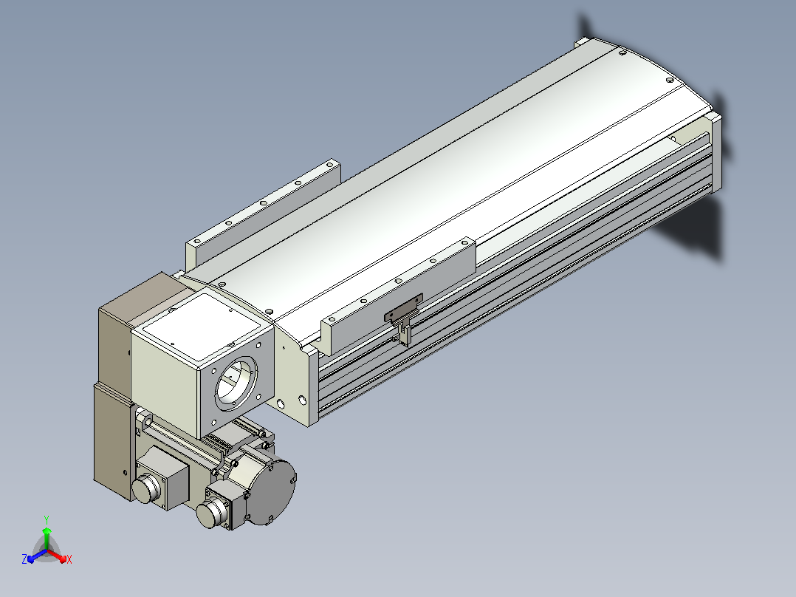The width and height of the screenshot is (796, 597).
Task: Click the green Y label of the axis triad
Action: click(x=47, y=519)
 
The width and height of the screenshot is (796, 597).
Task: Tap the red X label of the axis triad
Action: click(x=69, y=559)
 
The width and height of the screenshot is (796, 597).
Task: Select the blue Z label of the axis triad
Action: click(x=24, y=559)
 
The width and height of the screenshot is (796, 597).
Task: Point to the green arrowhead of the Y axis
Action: click(x=47, y=531)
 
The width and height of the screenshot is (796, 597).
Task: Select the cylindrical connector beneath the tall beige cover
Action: click(x=146, y=488)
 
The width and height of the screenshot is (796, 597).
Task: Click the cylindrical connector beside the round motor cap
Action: click(x=213, y=512)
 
